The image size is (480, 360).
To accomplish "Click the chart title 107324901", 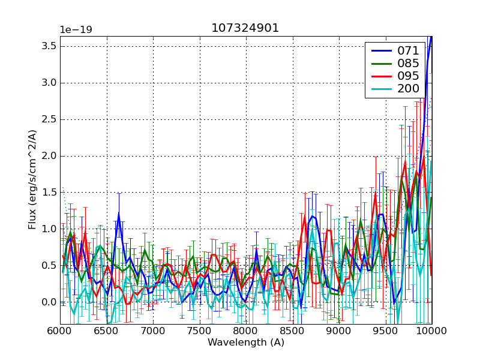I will pos(245,28).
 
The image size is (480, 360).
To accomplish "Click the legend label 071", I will pos(408,51).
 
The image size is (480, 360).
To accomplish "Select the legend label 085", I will pos(408,64).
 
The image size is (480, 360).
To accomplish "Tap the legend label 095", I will pos(408,76).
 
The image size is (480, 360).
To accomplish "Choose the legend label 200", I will pos(408,89).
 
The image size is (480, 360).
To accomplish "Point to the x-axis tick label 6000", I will pos(60,331).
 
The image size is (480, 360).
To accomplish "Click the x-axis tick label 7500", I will pos(199,331).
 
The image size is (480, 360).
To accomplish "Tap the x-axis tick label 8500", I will pos(292,331).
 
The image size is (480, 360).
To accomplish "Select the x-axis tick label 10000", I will pos(431,331).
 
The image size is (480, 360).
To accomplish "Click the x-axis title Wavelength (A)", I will pos(245,343).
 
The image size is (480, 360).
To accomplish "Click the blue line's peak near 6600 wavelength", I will pos(119,214).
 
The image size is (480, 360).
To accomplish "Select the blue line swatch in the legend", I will pos(380,51).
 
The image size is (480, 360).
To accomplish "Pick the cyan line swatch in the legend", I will pos(380,89).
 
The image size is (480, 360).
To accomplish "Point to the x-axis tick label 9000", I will pos(338,331).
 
